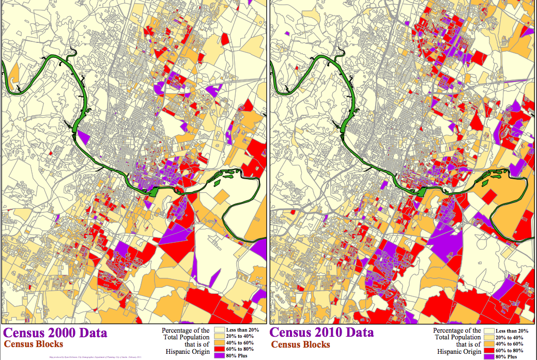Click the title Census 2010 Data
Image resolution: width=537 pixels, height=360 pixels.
pos(321,333)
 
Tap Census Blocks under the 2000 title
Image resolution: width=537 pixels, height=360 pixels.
pos(34,344)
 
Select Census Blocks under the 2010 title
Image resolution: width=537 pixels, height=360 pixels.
pos(300,345)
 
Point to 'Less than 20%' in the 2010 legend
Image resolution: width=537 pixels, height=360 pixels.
pos(512,331)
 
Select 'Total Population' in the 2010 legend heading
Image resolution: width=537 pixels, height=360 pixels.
pos(457,337)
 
